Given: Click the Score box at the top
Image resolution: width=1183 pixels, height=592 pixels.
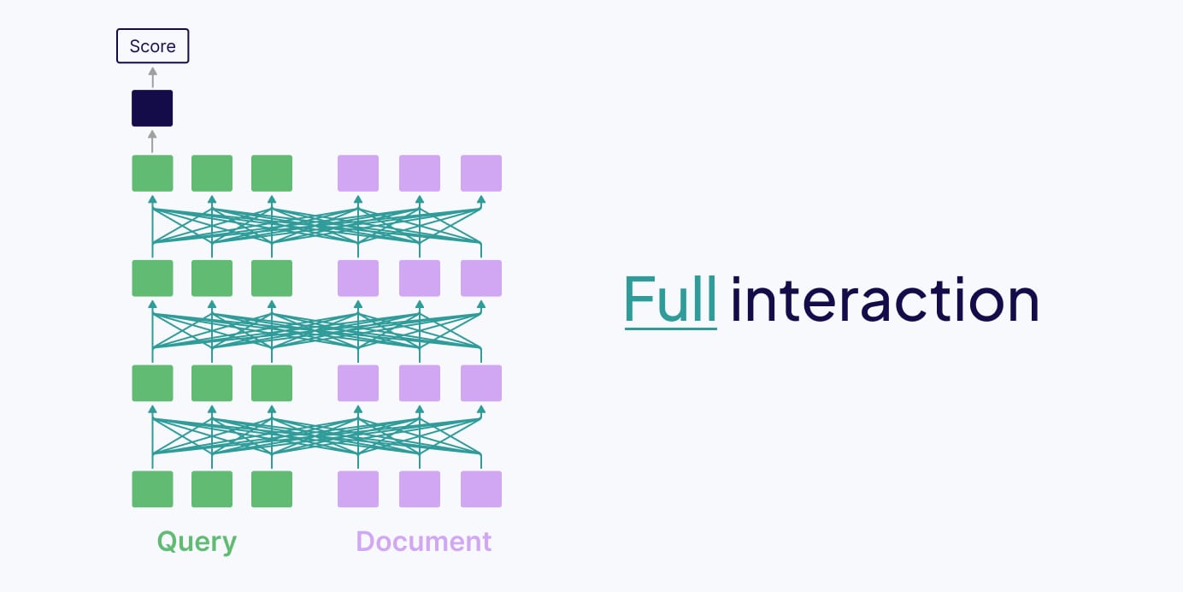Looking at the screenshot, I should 152,46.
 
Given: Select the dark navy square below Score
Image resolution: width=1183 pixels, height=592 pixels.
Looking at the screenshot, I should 152,109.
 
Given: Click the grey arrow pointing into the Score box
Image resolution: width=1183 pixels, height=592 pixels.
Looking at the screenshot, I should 152,76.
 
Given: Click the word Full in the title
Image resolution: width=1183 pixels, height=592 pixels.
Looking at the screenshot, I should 670,300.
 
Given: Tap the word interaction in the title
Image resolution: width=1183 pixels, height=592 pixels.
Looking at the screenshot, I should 885,300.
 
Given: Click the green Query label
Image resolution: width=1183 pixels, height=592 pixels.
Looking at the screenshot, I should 197,542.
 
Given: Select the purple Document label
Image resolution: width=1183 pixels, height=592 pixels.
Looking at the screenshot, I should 423,542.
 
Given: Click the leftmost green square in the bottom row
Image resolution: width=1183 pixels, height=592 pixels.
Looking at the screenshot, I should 152,488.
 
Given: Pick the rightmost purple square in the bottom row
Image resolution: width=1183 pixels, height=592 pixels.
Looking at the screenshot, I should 481,488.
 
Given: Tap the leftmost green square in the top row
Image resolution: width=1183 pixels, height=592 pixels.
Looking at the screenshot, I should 152,173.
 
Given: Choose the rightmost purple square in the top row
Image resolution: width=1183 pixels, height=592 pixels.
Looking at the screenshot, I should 481,173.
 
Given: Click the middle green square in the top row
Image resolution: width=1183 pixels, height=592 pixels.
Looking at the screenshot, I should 212,173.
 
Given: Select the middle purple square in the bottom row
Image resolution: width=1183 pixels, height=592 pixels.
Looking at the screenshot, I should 420,488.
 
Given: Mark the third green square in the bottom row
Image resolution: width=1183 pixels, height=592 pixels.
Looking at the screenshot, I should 272,488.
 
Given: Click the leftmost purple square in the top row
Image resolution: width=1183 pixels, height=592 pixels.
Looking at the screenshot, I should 358,173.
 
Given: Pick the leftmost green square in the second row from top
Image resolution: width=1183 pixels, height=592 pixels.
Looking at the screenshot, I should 152,278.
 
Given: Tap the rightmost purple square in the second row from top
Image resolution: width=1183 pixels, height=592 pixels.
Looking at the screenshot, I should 481,278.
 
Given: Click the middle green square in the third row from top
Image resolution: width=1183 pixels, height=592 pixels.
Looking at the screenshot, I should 212,383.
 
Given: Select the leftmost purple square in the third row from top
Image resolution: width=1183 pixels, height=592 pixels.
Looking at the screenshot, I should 358,383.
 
